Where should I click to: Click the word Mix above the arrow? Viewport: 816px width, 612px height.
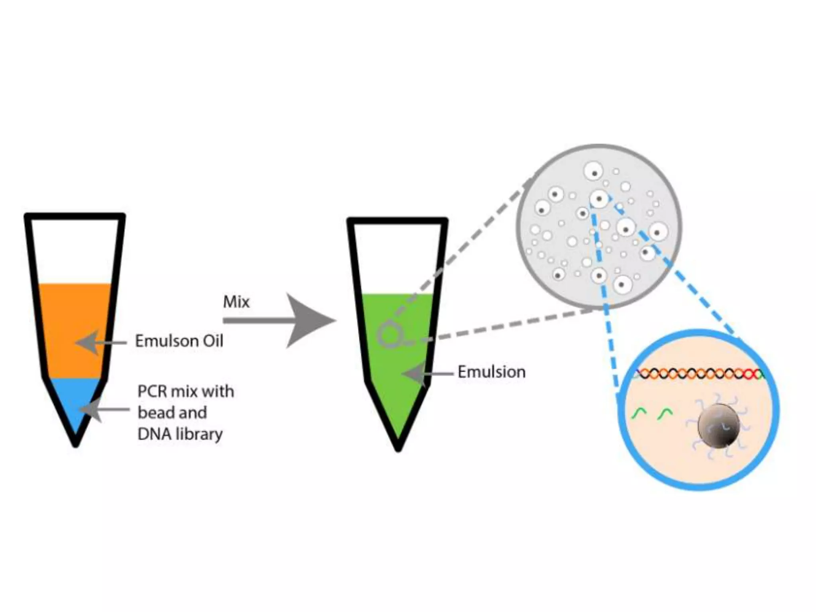236,302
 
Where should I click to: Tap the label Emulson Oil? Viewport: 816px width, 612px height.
179,341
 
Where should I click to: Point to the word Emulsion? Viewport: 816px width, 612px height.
491,372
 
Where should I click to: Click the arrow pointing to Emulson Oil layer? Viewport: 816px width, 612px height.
100,342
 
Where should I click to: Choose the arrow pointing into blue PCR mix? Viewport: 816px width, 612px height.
104,409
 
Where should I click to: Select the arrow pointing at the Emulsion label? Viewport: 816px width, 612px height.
426,374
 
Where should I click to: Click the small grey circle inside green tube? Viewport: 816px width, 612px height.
388,336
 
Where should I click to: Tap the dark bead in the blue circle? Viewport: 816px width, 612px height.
718,426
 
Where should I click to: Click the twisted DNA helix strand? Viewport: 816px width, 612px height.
699,374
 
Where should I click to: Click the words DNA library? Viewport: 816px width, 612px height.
180,434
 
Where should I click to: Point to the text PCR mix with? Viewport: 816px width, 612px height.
185,391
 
